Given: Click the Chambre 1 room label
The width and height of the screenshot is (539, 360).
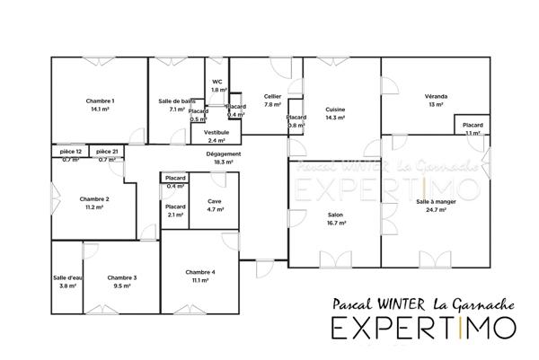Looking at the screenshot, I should click(100, 101).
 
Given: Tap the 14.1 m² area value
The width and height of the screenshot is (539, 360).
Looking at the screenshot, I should click(100, 109).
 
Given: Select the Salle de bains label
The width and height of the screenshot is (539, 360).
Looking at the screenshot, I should click(177, 101).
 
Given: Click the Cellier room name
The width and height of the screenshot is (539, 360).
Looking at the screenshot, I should click(273, 96).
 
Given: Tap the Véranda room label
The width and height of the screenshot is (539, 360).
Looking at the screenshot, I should click(437, 96).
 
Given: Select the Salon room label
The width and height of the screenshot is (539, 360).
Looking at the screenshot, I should click(336, 215).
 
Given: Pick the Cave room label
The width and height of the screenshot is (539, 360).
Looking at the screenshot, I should click(215, 201).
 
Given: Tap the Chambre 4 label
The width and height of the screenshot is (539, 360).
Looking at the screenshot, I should click(199, 272).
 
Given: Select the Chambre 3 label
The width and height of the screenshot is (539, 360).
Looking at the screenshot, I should click(122, 277).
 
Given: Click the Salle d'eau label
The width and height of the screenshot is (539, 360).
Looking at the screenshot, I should click(67, 277).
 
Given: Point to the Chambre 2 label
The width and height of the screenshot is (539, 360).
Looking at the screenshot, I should click(94, 198).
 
